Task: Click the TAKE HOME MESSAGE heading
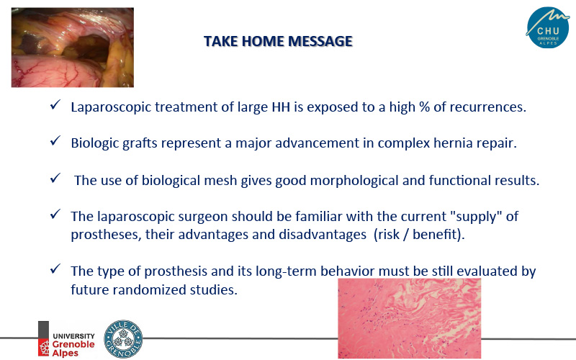[278, 41]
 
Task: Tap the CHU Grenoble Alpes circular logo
[548, 27]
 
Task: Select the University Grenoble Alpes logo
[66, 338]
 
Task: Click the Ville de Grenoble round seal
[123, 338]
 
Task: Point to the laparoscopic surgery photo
[73, 48]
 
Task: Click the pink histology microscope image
[409, 318]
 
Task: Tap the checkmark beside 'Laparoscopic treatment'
[55, 104]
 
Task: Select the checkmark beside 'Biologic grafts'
[55, 140]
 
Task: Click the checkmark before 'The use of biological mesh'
[55, 178]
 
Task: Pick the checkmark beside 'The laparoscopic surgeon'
[55, 214]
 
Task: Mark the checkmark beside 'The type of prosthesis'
[55, 269]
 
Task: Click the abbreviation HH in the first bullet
[281, 107]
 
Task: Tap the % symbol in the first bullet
[424, 107]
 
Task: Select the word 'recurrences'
[488, 107]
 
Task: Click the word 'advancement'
[317, 143]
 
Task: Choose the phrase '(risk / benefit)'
[419, 235]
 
